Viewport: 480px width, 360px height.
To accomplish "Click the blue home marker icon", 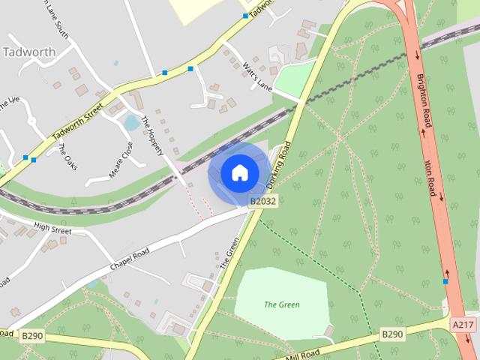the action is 239,173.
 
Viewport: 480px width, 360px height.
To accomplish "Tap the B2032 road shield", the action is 263,201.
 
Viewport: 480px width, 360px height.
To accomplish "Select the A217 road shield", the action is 463,323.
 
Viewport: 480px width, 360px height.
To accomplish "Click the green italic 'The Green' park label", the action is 282,304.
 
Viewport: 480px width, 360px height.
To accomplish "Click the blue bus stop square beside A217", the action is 445,281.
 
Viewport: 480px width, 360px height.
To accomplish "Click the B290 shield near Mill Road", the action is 392,334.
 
